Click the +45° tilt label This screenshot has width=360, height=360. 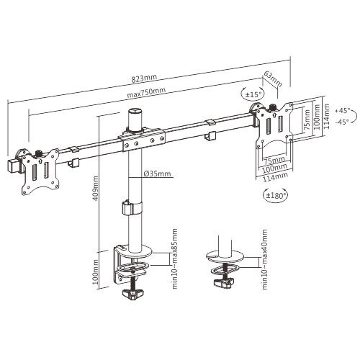point(341,110)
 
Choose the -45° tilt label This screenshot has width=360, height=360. point(341,122)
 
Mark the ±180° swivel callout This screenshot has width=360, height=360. point(274,194)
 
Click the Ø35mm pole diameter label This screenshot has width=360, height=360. point(157,174)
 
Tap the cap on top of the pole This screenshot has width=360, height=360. point(134,119)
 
